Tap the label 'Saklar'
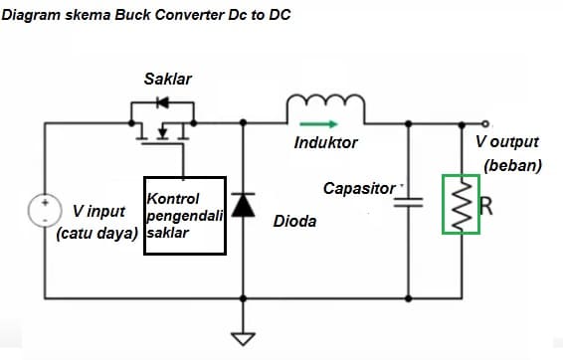pos(167,79)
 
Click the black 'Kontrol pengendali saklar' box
pos(185,216)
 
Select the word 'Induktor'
pos(326,143)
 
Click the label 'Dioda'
pos(294,221)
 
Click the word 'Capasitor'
pos(359,188)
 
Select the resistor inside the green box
pos(462,205)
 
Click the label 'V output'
pos(506,143)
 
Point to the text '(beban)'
pos(512,165)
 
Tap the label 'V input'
pos(98,212)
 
